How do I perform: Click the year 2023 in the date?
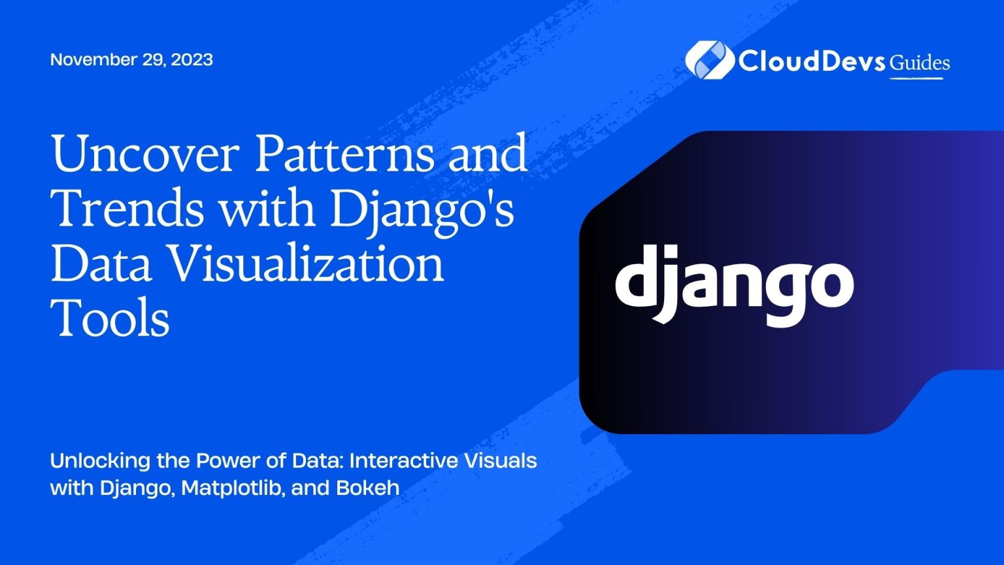pos(192,60)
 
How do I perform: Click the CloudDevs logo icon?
pos(709,60)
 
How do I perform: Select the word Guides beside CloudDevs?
pos(919,62)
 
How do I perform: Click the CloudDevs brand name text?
pos(812,61)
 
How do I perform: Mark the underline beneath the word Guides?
pos(916,78)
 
